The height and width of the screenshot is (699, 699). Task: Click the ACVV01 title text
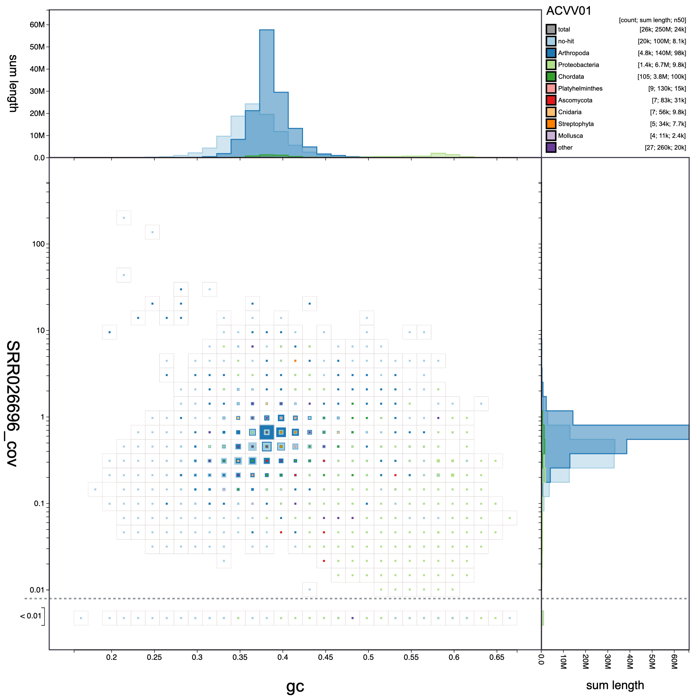coord(568,11)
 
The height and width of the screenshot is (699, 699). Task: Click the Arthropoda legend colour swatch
coord(551,53)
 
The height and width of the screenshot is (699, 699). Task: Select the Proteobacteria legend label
coord(578,65)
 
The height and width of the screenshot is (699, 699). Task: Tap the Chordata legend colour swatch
coord(551,77)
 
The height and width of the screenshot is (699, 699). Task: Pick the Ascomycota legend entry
coord(575,100)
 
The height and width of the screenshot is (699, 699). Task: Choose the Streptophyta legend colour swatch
coord(551,124)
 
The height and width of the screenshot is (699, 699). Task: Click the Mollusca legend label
coord(570,136)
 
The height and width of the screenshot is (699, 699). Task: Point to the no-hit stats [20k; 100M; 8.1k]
coord(661,41)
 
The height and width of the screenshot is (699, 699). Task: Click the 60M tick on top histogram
coord(37,24)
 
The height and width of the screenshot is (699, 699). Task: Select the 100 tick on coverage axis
coord(38,244)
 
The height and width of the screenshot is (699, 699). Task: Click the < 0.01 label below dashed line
coord(31,616)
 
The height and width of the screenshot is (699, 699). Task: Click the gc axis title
coord(295,686)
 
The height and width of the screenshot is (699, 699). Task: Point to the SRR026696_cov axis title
coord(13,403)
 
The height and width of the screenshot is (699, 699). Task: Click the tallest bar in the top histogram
coord(267,91)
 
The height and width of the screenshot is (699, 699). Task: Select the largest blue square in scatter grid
coord(267,432)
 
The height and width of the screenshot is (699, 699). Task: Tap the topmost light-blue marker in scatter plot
coord(124,218)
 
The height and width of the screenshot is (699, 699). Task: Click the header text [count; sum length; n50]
coord(652,20)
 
